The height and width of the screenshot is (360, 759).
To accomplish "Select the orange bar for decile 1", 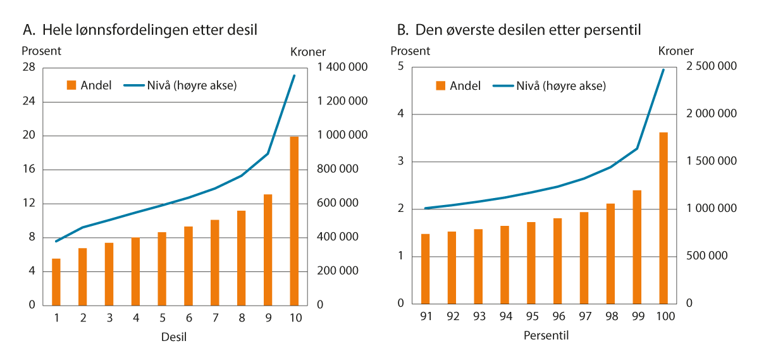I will click(56, 282).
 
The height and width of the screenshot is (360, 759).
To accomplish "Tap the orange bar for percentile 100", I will click(663, 218).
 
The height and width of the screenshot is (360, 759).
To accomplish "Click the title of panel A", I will click(140, 29).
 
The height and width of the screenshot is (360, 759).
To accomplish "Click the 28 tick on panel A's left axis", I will click(29, 68).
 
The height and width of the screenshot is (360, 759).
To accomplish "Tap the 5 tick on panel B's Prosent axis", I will click(400, 66).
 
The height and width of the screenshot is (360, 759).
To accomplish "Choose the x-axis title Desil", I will click(174, 337).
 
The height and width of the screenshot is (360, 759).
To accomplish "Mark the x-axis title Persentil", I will click(546, 336).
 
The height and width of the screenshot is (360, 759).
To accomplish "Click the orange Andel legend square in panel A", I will click(71, 86).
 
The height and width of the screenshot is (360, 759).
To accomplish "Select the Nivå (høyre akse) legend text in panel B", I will click(561, 86).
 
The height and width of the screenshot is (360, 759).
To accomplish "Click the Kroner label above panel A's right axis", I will click(307, 52).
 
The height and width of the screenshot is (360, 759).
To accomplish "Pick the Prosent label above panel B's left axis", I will click(410, 51).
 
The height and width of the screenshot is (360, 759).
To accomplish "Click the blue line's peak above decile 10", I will click(294, 75).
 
